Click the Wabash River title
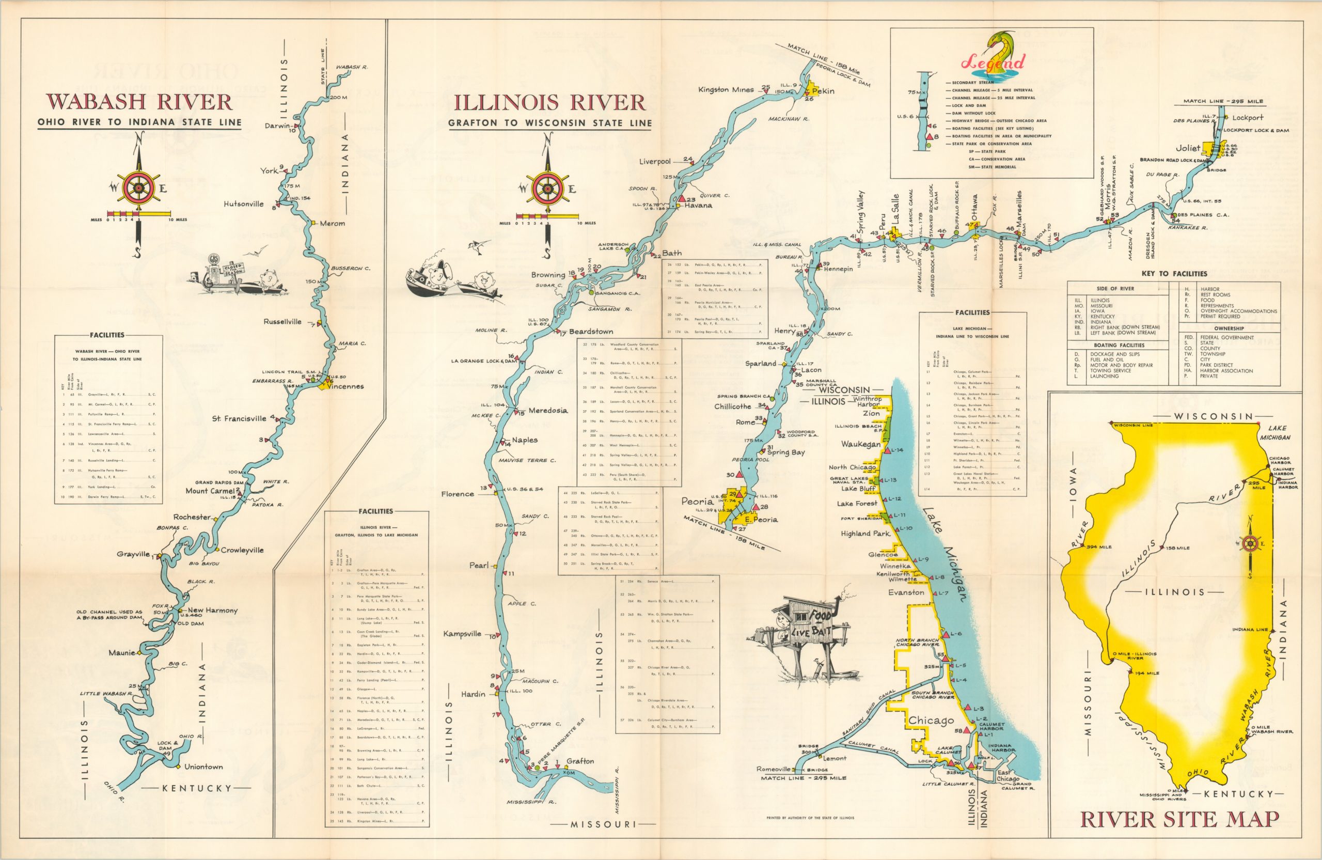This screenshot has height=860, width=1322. pyautogui.click(x=139, y=102)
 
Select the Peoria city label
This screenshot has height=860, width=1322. pyautogui.click(x=697, y=501)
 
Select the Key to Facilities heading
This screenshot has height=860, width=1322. pyautogui.click(x=1174, y=273)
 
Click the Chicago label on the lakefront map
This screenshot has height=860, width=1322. pyautogui.click(x=931, y=721)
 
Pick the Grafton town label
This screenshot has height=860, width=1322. pyautogui.click(x=580, y=761)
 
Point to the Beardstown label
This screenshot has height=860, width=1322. pyautogui.click(x=591, y=332)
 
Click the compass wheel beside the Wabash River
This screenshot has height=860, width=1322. pyautogui.click(x=139, y=189)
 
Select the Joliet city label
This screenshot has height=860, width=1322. pyautogui.click(x=1188, y=148)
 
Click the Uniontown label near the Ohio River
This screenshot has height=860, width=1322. pyautogui.click(x=203, y=767)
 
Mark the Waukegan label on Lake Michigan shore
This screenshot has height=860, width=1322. pyautogui.click(x=860, y=444)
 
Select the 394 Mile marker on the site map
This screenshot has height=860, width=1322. pyautogui.click(x=1099, y=547)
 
